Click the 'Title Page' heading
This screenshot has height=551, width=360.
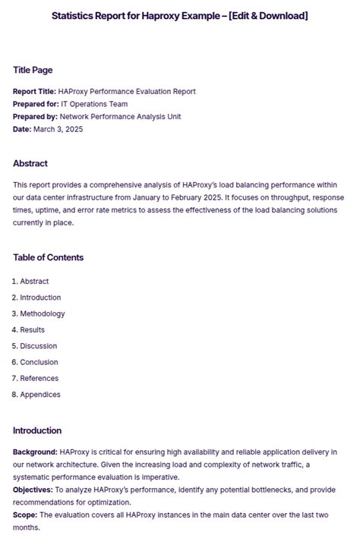point(33,70)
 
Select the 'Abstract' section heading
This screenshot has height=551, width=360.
point(30,163)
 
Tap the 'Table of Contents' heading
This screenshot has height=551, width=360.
point(48,257)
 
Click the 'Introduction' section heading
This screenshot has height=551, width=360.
point(37,430)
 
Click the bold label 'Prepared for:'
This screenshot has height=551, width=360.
point(35,104)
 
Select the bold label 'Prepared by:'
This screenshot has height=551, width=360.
point(35,116)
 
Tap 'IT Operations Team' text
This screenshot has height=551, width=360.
point(94,104)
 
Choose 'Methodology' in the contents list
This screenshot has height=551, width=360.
point(43,313)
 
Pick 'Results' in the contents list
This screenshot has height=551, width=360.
point(33,329)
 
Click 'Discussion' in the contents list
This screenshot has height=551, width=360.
point(39,346)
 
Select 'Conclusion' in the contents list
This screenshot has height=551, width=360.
point(39,362)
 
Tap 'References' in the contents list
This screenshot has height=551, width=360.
point(39,378)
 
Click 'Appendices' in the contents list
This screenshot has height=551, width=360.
point(40,395)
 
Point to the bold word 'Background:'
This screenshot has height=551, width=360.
point(35,452)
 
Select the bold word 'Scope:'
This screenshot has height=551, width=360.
point(25,515)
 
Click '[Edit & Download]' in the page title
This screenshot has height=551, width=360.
point(257,16)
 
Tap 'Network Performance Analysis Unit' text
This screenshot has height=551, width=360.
point(120,116)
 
